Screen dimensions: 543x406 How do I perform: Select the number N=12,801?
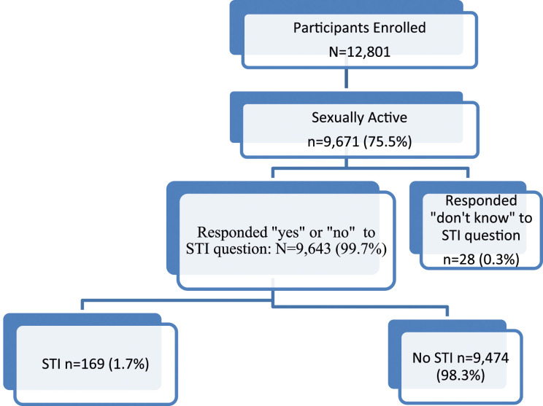(360, 52)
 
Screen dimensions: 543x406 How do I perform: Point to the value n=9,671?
(333, 142)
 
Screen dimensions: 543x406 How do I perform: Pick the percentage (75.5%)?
(388, 142)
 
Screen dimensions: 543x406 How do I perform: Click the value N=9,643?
(303, 249)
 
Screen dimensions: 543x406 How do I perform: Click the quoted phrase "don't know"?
(471, 218)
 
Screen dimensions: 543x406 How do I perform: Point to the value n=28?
(459, 259)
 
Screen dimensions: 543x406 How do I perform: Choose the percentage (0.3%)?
(499, 259)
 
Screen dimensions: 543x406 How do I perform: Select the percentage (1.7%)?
(129, 364)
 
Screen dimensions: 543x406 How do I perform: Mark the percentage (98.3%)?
(461, 375)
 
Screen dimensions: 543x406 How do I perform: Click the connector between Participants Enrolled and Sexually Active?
(346, 79)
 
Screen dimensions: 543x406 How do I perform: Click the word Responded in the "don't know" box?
(481, 201)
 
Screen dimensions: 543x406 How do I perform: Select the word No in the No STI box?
(421, 358)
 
